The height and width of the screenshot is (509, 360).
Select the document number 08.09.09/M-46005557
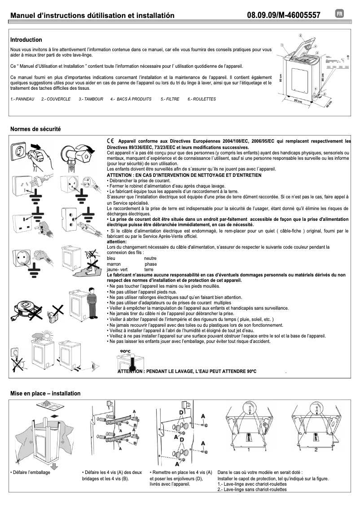pos(283,16)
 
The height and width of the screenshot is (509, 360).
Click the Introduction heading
pos(26,40)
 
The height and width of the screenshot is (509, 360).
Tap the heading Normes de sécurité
pos(35,129)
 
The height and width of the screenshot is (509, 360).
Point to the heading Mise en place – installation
pos(45,394)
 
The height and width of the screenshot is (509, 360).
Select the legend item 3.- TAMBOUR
pos(91,99)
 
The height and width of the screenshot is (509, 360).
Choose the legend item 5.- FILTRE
pos(170,99)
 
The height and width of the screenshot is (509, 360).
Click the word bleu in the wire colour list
pos(112,258)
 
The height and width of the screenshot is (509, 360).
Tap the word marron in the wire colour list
pos(114,264)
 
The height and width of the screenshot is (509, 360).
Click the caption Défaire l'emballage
pos(31,473)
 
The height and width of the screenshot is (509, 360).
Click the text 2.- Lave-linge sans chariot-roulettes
pos(252,490)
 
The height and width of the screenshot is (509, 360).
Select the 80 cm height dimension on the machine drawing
pos(280,78)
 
